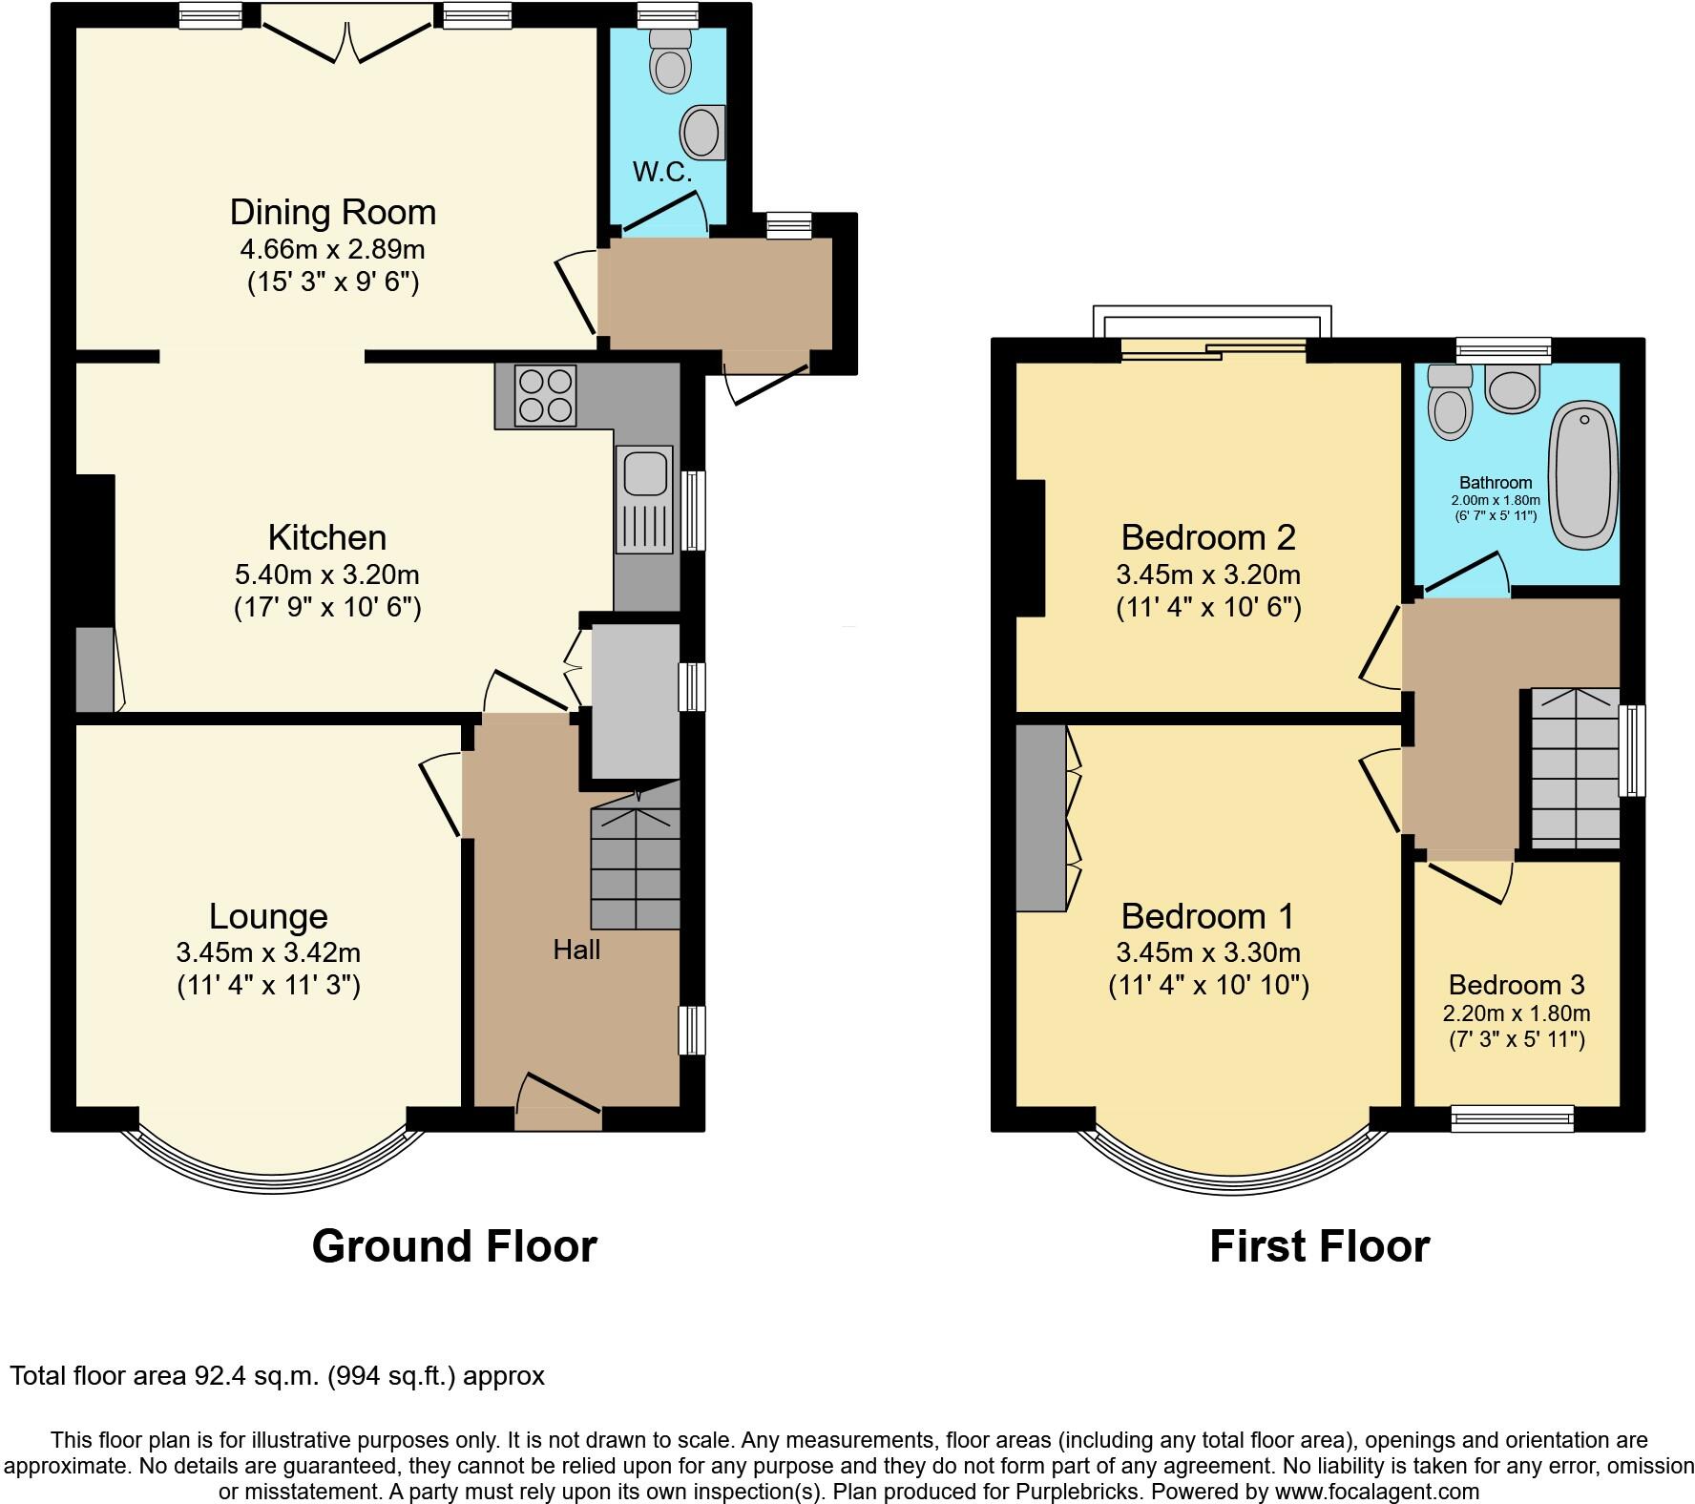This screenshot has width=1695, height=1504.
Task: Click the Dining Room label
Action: [x=333, y=212]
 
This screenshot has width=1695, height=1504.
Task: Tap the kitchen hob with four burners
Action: [x=546, y=396]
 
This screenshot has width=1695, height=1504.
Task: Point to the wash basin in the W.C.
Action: [x=704, y=132]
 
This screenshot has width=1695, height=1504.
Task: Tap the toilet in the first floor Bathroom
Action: [x=1449, y=406]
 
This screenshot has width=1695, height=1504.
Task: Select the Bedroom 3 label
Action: [x=1516, y=985]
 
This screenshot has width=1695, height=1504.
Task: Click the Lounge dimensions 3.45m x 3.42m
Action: [x=268, y=952]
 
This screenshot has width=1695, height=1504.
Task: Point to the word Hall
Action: [x=576, y=950]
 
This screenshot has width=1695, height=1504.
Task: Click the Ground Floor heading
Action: [x=454, y=1246]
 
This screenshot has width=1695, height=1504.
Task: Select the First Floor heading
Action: [x=1319, y=1246]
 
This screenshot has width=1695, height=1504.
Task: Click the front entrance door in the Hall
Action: [x=558, y=1107]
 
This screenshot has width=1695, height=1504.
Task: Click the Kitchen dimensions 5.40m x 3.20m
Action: [x=326, y=575]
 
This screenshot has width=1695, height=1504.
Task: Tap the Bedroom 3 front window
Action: [x=1512, y=1118]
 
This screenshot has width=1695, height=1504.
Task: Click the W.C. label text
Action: [x=661, y=174]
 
